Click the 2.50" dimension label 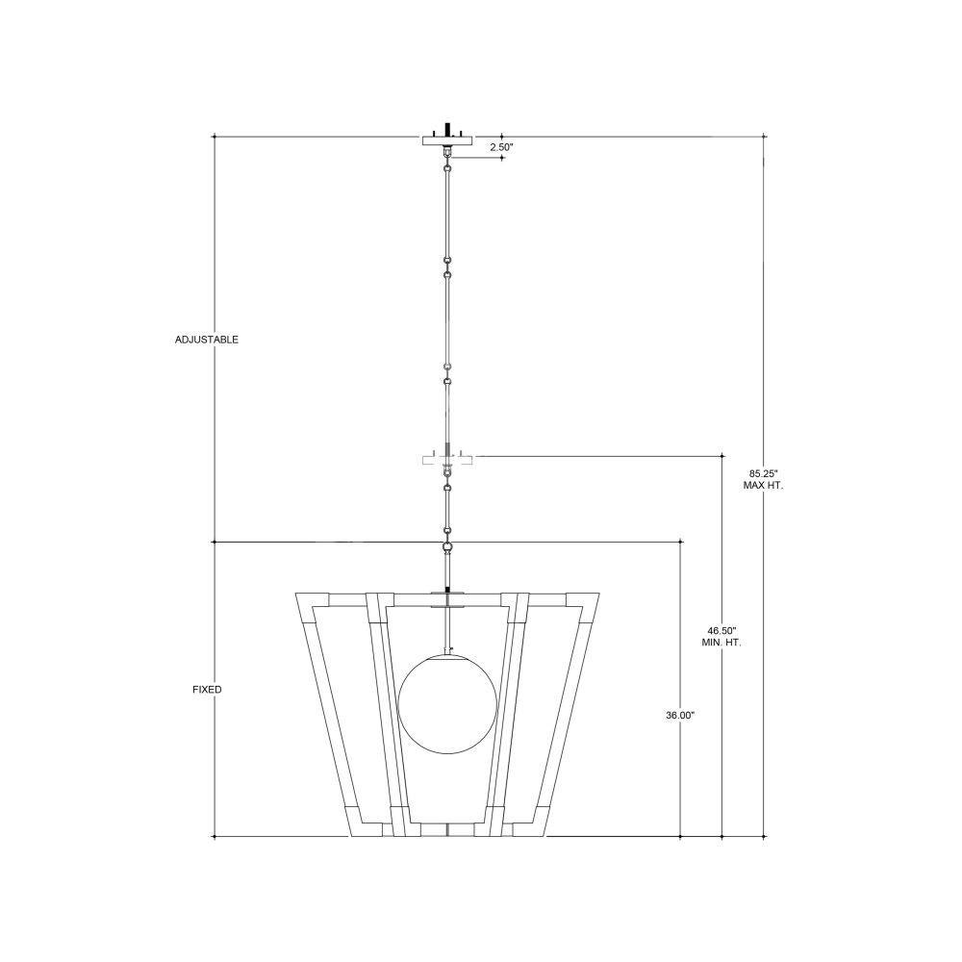(x=500, y=147)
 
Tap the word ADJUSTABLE (x=206, y=340)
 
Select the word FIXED (x=207, y=690)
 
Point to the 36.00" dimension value (x=680, y=715)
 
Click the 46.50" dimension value (x=721, y=630)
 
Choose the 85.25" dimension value (x=763, y=473)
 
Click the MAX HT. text (x=763, y=485)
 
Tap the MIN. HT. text (x=721, y=643)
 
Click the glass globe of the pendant (x=447, y=704)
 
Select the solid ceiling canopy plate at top (x=448, y=140)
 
